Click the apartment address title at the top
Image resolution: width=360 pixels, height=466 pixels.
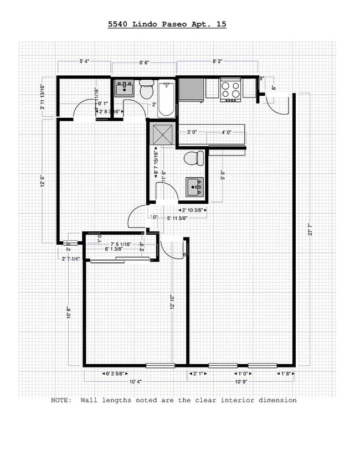click(x=166, y=25)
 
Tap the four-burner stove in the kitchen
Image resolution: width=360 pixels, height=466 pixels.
click(x=230, y=90)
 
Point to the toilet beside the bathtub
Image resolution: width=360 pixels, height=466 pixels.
click(x=146, y=90)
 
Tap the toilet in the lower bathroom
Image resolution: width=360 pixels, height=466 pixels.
click(x=193, y=158)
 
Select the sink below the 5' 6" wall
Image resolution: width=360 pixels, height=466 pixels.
click(x=194, y=187)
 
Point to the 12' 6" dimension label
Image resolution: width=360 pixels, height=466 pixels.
click(x=43, y=181)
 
